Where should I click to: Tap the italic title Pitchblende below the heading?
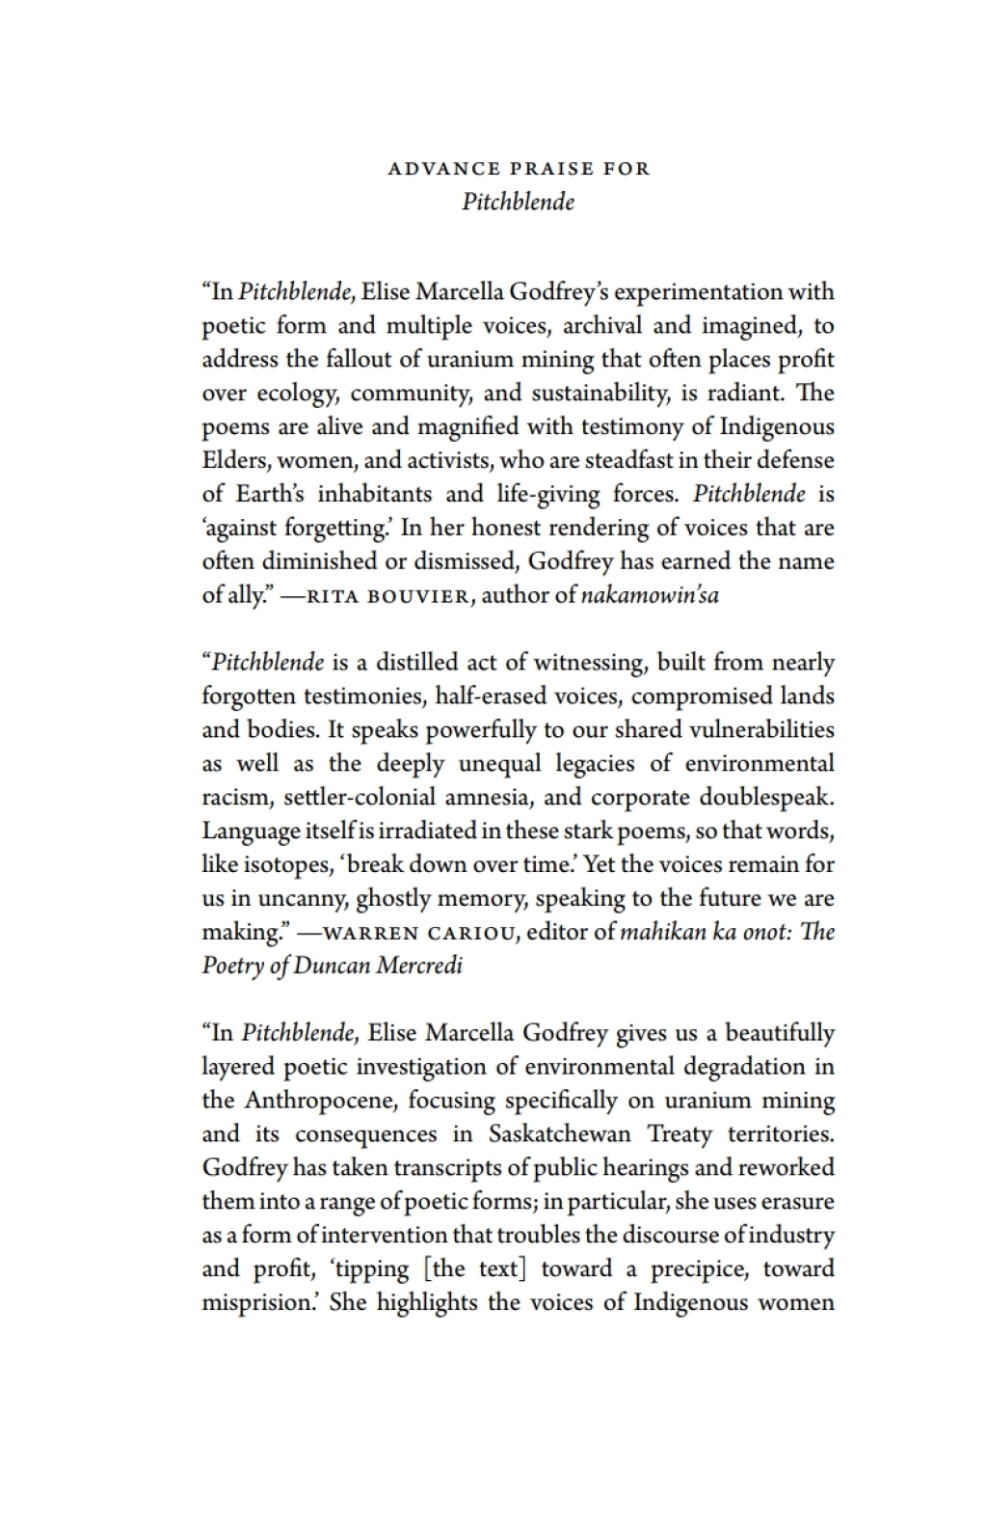[x=519, y=202]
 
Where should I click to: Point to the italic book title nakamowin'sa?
[x=650, y=595]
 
